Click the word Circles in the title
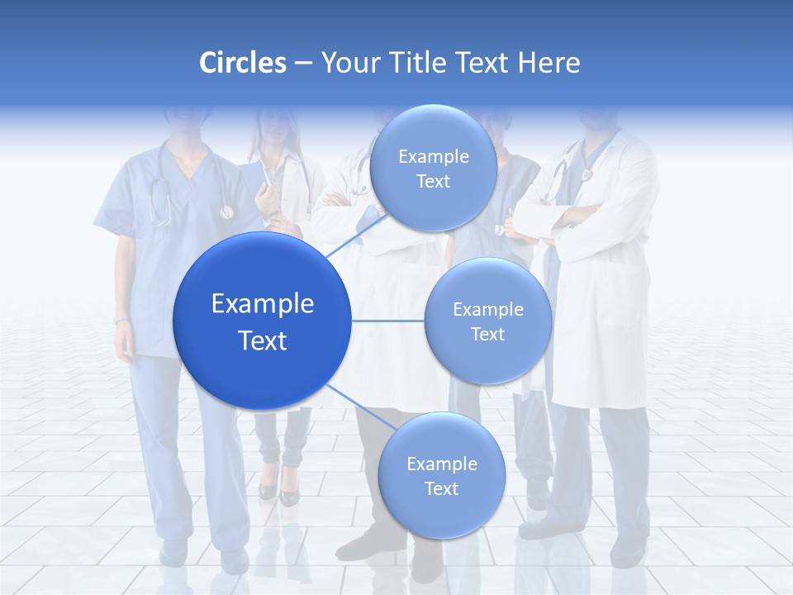tap(242, 63)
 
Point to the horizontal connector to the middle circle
tap(388, 321)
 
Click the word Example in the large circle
tap(263, 304)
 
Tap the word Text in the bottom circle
tap(441, 488)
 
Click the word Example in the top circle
tap(433, 157)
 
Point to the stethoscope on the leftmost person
tap(162, 198)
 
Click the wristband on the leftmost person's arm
tap(121, 319)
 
